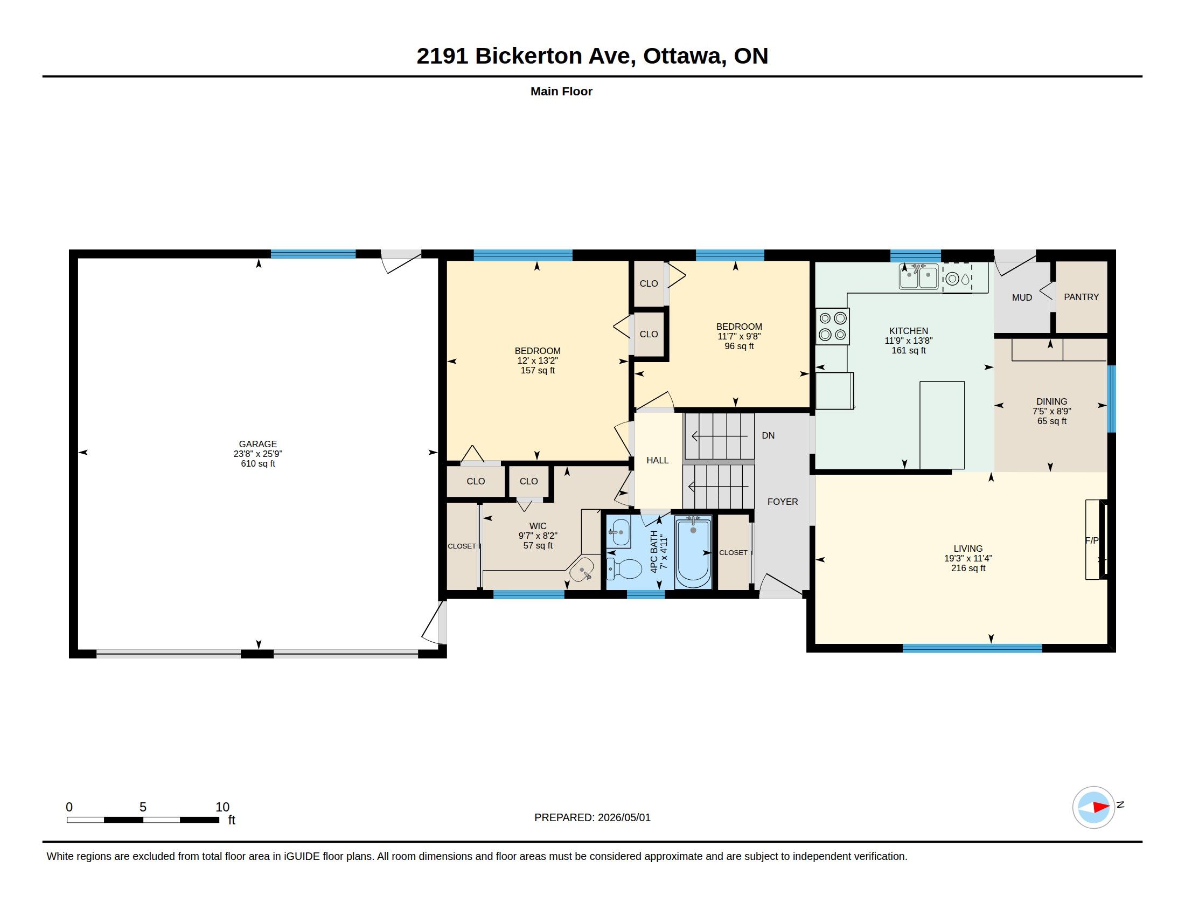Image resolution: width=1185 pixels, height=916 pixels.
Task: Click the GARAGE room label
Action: (257, 444)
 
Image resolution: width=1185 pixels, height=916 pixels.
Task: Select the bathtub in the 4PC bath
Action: (693, 552)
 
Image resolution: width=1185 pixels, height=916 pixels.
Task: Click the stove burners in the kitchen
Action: (832, 326)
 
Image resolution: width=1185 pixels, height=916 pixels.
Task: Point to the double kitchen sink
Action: (918, 277)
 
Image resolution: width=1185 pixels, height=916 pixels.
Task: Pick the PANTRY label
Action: (1081, 297)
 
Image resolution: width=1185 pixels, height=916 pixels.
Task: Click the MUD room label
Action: (1022, 297)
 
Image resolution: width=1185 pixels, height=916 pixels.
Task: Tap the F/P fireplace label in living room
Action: (1091, 540)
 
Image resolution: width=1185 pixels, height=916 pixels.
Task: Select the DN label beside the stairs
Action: (768, 435)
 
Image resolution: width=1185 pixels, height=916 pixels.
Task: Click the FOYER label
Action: (783, 502)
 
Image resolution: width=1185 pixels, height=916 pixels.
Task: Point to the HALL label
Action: (657, 460)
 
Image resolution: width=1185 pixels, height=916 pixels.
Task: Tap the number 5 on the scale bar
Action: (143, 807)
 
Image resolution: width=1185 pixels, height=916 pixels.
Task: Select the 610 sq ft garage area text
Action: (257, 464)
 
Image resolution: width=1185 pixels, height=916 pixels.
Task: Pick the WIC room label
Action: (538, 526)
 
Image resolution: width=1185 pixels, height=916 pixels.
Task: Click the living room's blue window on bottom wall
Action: (972, 648)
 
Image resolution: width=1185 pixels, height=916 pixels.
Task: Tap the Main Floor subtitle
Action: (561, 91)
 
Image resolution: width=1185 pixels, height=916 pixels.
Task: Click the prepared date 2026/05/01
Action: (624, 817)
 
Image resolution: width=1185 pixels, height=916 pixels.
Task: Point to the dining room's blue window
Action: (1111, 399)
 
